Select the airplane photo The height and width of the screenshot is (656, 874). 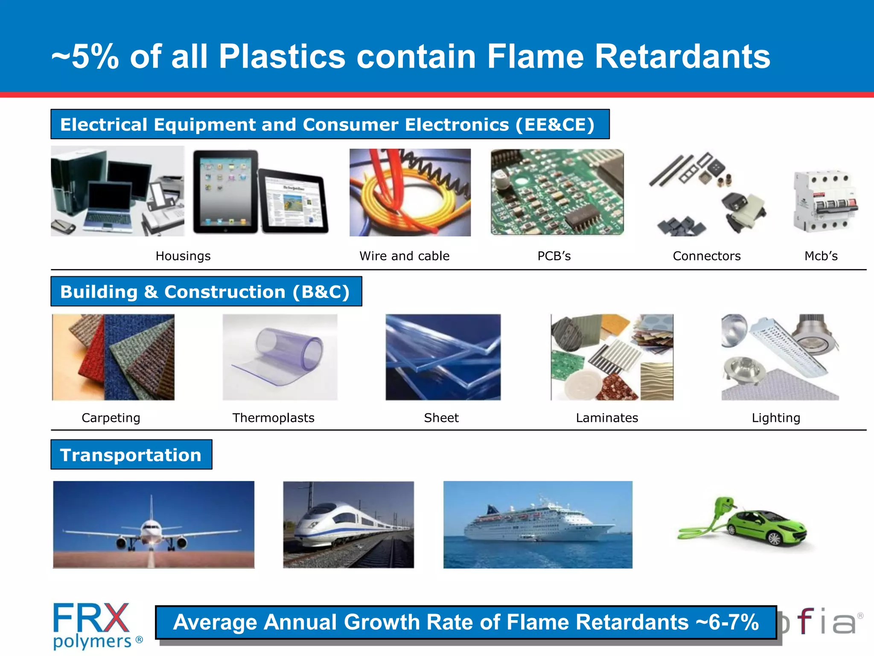point(154,524)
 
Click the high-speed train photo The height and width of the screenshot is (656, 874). point(348,524)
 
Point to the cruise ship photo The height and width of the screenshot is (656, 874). point(538,524)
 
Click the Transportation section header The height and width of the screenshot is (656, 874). point(131,455)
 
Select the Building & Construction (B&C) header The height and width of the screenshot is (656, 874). point(206,292)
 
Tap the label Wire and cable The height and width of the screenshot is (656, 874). point(404,256)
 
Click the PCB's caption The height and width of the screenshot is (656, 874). point(554,256)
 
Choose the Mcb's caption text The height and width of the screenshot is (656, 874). point(821,256)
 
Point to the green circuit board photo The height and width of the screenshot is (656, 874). point(557,192)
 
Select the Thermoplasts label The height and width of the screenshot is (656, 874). point(273,418)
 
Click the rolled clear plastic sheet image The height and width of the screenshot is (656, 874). point(280,357)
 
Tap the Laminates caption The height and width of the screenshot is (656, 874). point(606,418)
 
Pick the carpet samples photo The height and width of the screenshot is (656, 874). point(113,357)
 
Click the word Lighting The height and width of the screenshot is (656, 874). point(775,418)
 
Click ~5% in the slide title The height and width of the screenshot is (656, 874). point(84,57)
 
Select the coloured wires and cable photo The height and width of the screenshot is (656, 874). point(410,192)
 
